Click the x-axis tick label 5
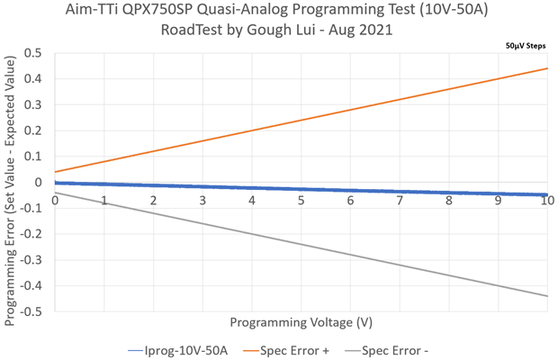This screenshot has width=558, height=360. (301, 199)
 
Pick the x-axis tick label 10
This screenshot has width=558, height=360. (546, 199)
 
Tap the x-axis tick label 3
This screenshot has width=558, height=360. (202, 199)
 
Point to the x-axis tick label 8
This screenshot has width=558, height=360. (449, 199)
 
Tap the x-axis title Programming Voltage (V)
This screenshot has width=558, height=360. (301, 322)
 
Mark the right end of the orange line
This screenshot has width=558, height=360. (547, 68)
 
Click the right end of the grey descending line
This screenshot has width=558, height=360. (547, 296)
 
